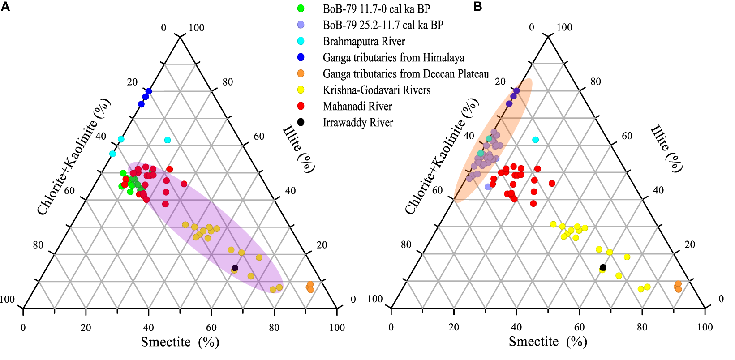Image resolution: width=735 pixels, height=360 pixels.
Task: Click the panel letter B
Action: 478,7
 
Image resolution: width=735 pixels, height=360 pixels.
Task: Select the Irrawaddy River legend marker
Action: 301,122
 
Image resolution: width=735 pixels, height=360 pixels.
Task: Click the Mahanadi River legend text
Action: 357,107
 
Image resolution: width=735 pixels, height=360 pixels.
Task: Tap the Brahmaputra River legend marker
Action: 301,41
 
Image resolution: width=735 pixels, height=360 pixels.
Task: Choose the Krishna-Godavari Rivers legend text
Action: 376,90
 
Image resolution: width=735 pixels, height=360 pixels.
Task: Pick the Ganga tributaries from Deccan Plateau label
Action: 405,74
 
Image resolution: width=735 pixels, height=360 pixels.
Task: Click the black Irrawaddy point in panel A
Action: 235,268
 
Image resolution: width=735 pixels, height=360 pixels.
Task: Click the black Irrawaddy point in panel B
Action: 603,267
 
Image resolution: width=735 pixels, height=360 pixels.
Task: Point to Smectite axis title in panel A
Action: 180,342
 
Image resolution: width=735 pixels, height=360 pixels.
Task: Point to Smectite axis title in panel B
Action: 547,342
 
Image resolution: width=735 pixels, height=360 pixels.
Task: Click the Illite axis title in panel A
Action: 299,149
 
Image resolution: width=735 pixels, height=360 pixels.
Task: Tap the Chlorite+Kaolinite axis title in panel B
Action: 442,156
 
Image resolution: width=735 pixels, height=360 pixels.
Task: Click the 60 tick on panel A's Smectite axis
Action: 211,328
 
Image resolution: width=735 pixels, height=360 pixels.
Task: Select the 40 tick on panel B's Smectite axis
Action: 516,327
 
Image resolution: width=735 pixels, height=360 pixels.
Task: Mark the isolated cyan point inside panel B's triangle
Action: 535,140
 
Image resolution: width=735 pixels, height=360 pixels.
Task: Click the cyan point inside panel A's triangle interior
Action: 168,140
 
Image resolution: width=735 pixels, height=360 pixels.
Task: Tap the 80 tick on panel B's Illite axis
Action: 595,81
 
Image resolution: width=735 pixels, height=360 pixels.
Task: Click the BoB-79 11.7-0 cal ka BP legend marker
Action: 301,9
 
